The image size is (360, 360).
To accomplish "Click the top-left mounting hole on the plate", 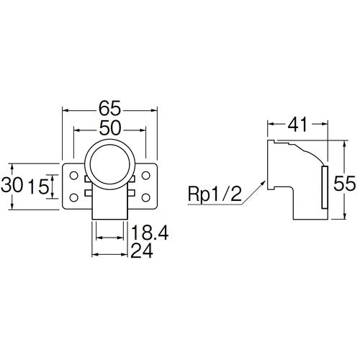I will click(x=73, y=174).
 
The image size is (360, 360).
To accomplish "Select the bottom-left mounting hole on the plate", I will click(x=73, y=196).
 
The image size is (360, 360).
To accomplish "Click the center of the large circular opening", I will click(x=110, y=162).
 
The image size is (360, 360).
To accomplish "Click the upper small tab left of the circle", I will click(x=88, y=179).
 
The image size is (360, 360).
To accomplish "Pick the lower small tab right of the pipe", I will click(x=132, y=193).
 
